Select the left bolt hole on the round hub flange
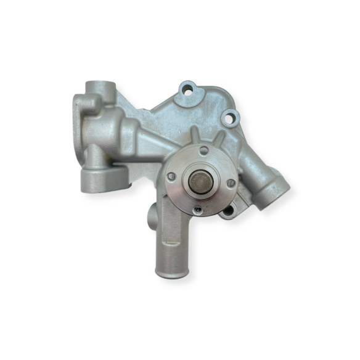[x=171, y=177]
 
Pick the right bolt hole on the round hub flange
[x=230, y=183]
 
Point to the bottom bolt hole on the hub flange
[x=197, y=210]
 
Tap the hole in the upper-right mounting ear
[x=230, y=115]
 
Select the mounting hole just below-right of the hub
[x=228, y=211]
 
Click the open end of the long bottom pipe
[x=171, y=270]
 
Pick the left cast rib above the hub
[x=193, y=134]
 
